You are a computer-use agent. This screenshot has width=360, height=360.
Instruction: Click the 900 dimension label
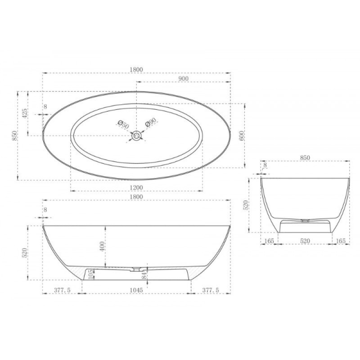(183, 79)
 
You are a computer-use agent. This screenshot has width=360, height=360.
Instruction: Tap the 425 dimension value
(25, 113)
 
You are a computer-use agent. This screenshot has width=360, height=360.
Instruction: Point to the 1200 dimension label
(136, 188)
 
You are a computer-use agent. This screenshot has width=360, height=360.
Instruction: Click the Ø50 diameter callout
(123, 125)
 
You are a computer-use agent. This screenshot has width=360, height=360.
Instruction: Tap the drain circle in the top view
(137, 136)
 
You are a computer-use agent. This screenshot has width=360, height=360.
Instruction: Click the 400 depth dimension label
(102, 246)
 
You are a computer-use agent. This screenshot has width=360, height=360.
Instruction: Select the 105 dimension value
(91, 274)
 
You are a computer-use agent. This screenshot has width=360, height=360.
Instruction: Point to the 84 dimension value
(144, 275)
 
